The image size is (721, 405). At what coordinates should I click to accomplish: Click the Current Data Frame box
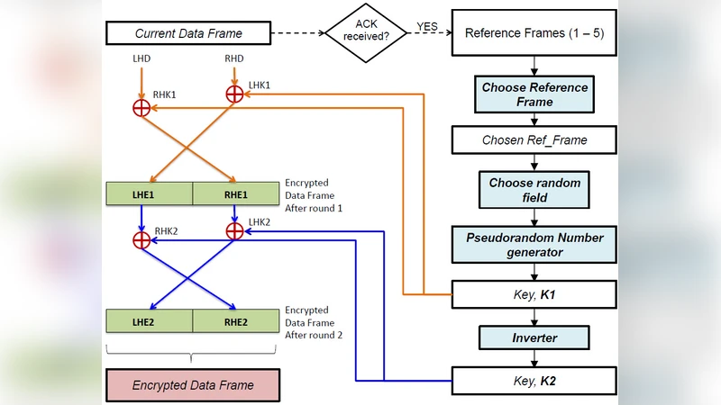coord(187,34)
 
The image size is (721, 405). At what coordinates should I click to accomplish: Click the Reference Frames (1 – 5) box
coord(534,34)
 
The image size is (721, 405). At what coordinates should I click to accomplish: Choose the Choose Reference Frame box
coord(534,94)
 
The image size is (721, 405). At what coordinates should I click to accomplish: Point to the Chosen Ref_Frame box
coord(534,140)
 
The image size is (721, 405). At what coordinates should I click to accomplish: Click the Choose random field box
coord(534,189)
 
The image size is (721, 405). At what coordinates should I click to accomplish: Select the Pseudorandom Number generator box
coord(534,245)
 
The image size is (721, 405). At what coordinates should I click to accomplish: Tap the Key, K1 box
coord(534,294)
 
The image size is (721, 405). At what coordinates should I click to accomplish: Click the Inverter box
coord(534,338)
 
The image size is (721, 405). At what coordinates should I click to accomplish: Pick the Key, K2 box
coord(534,382)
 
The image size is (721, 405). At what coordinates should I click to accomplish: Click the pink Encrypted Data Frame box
coord(193,385)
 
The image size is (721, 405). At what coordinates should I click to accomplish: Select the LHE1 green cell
coord(150,193)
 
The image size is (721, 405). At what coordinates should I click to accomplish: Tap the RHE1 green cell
coord(235,193)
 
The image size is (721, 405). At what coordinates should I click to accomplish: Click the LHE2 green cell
coord(150,320)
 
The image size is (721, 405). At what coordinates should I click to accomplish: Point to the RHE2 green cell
coord(235,320)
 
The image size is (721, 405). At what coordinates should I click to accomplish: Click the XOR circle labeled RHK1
coord(141,109)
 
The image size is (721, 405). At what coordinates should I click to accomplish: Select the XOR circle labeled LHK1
coord(234,93)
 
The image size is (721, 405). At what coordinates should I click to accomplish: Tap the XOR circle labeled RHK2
coord(141,240)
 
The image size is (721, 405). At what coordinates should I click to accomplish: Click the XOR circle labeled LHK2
coord(234,230)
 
